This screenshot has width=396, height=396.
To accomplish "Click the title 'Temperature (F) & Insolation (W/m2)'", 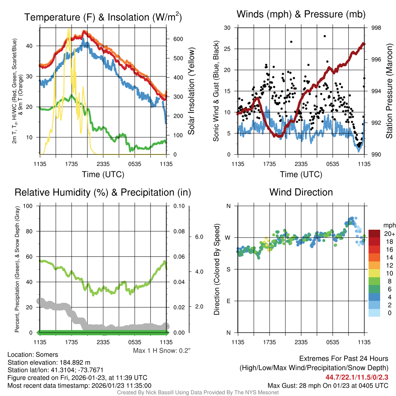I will click(x=103, y=17).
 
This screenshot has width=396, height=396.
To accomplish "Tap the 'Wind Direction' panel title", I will click(x=301, y=192).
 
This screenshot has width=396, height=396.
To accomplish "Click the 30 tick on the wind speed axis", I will click(x=227, y=28).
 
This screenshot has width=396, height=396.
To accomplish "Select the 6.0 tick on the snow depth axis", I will click(x=198, y=237).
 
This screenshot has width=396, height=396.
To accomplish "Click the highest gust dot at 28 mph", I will click(x=325, y=36).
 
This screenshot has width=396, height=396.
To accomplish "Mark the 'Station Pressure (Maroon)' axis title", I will click(x=389, y=91).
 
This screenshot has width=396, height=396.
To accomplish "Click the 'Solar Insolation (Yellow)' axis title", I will click(x=191, y=91).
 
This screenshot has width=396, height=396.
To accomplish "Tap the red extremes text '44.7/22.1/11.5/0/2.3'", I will click(x=357, y=377).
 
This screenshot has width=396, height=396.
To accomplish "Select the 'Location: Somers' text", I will click(x=33, y=355).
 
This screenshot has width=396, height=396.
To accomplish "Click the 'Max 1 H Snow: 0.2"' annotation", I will click(x=162, y=351).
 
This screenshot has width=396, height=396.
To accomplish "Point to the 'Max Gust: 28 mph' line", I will click(x=328, y=386).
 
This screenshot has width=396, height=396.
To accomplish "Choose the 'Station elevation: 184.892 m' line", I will click(x=49, y=362).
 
